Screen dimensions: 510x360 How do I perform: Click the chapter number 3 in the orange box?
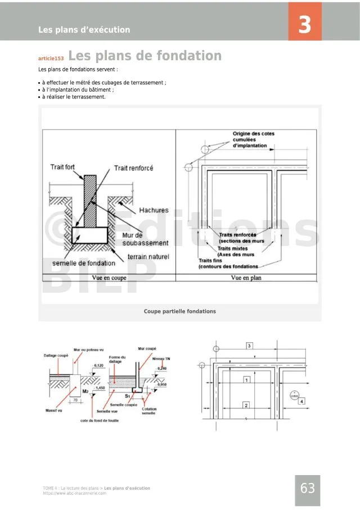(304, 25)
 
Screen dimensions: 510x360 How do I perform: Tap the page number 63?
(308, 489)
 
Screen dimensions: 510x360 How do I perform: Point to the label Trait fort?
(62, 167)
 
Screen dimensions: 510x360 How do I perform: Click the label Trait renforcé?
(133, 168)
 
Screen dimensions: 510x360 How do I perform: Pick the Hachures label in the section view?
(154, 210)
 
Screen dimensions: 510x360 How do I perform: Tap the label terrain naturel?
(148, 257)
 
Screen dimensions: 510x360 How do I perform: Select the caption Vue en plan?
(246, 278)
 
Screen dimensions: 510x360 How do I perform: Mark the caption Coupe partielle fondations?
(179, 311)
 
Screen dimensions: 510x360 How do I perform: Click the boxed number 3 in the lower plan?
(250, 345)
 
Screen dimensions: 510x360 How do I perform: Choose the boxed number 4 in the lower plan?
(302, 401)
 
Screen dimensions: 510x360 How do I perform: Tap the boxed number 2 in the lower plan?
(246, 405)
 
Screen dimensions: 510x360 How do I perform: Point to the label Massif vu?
(53, 411)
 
